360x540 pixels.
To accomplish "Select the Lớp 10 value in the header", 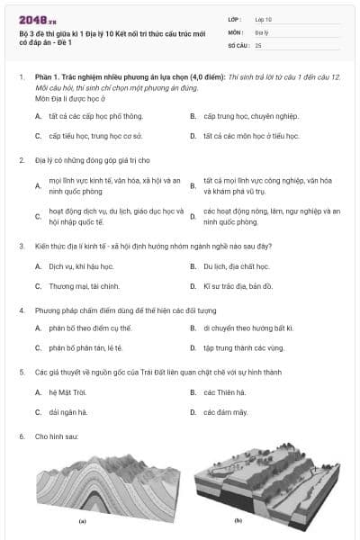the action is click(264, 19).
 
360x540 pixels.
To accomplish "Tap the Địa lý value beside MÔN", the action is click(262, 31).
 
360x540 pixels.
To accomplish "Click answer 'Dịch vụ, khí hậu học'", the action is click(82, 266).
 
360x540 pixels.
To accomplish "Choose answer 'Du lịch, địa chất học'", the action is click(235, 266).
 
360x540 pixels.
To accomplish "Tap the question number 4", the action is click(21, 309).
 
